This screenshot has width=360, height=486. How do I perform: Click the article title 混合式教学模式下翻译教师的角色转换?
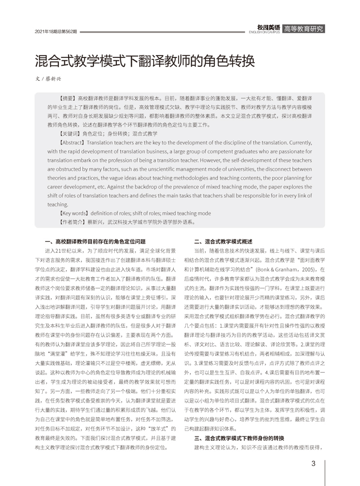tap(144, 62)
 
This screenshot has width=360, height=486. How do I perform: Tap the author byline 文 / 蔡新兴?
tap(48, 78)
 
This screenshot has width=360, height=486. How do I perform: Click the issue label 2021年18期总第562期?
tap(56, 31)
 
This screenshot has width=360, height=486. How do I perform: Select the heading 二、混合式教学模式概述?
tap(223, 241)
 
